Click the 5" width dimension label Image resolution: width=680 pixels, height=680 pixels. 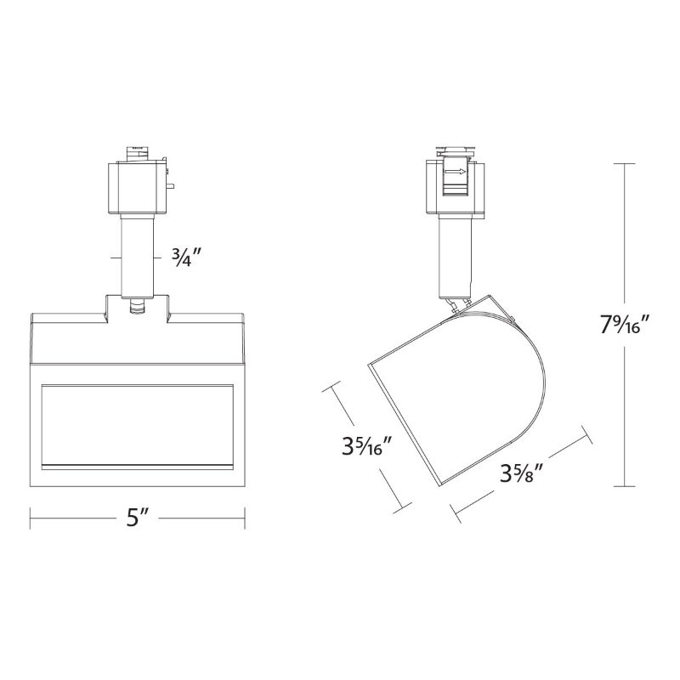point(138,518)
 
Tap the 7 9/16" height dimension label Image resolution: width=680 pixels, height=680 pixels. point(625,325)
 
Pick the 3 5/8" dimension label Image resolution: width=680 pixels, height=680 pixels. point(522,474)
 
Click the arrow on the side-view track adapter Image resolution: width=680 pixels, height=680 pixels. point(456,172)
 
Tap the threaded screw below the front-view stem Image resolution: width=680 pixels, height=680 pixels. point(137,308)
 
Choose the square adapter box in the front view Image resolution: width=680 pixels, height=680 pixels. point(137,188)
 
